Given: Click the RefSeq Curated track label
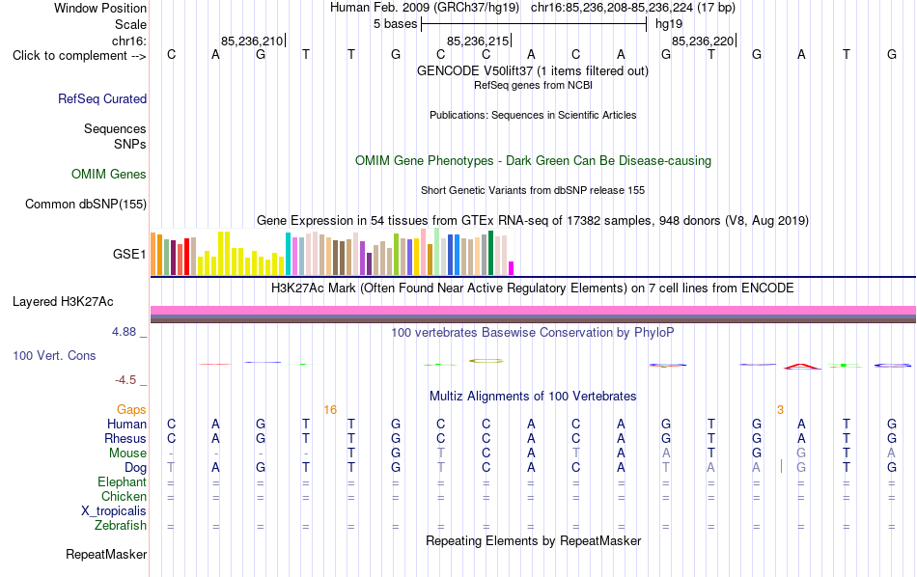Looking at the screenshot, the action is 102,98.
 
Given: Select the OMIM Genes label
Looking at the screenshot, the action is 109,175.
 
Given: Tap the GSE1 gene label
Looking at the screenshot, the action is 129,254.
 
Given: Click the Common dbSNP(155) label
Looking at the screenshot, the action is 86,204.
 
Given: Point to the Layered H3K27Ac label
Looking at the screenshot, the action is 63,302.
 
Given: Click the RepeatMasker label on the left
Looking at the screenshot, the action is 106,554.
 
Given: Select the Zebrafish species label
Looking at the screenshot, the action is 121,526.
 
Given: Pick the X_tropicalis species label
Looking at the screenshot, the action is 114,511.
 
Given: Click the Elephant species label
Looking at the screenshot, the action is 122,481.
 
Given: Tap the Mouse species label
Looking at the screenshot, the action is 127,453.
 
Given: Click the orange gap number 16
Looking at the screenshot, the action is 330,410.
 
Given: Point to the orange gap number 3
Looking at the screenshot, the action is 780,410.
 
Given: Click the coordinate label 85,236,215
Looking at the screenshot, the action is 478,41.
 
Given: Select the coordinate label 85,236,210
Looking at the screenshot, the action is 252,41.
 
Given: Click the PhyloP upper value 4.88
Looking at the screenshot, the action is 124,332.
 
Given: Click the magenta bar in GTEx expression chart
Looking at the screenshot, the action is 512,268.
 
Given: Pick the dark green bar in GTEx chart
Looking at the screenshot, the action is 490,253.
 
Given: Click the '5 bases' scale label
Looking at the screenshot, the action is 396,24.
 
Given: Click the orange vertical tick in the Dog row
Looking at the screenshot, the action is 781,466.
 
